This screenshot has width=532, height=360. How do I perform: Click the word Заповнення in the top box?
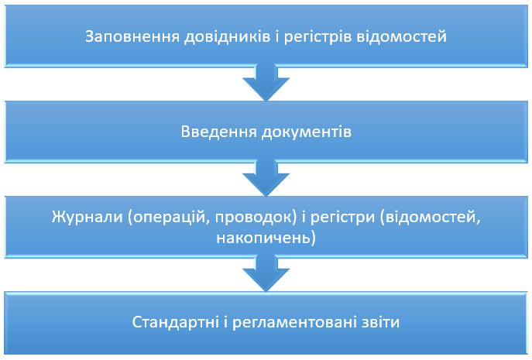click(x=132, y=36)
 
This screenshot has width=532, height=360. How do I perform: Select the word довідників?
click(x=228, y=36)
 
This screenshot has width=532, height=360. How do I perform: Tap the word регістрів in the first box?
click(x=317, y=37)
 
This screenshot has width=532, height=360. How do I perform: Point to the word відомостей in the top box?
click(x=401, y=36)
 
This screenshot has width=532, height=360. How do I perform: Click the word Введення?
click(x=219, y=132)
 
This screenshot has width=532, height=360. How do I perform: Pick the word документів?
click(x=307, y=132)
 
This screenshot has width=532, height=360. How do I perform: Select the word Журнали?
click(x=88, y=217)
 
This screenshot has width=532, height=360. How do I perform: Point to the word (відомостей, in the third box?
click(x=431, y=217)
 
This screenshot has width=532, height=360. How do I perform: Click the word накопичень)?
click(x=266, y=238)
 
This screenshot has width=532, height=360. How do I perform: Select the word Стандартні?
click(x=176, y=322)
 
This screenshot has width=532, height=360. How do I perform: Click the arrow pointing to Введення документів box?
click(x=266, y=83)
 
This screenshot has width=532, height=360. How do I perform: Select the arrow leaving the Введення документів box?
click(x=266, y=178)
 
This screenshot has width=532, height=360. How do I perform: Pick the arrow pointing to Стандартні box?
click(x=266, y=273)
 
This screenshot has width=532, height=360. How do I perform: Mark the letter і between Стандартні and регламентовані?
click(x=225, y=321)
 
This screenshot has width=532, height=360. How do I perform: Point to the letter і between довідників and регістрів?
click(x=277, y=36)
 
